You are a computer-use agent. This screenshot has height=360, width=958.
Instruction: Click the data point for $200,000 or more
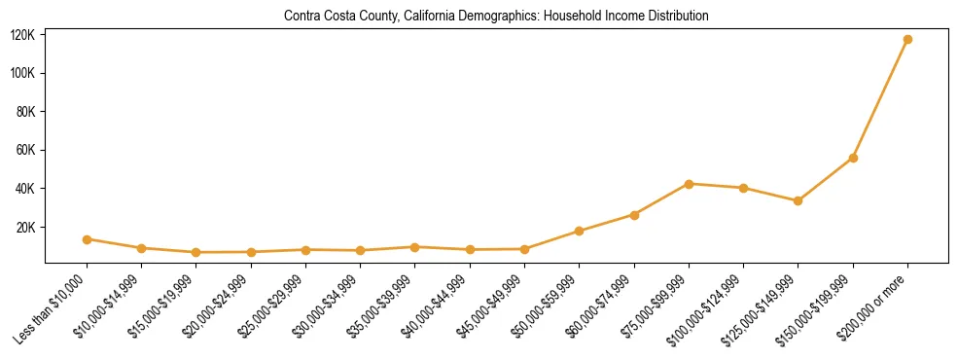tap(907, 40)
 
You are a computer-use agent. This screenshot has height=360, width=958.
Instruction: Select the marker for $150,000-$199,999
tap(853, 158)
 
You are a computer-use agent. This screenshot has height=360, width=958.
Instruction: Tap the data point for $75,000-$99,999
tap(689, 184)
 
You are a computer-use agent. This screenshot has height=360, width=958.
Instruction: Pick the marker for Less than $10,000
tap(88, 239)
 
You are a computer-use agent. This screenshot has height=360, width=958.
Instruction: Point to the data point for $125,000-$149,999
tap(798, 200)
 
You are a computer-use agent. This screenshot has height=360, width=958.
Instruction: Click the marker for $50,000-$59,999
tap(580, 231)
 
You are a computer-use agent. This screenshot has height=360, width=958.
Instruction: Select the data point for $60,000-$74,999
tap(634, 215)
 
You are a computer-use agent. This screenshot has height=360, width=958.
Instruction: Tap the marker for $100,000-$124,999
tap(743, 188)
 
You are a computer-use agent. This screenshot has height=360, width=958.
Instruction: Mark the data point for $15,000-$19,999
tap(196, 252)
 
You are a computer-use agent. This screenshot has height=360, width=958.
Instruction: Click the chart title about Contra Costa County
tap(496, 17)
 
